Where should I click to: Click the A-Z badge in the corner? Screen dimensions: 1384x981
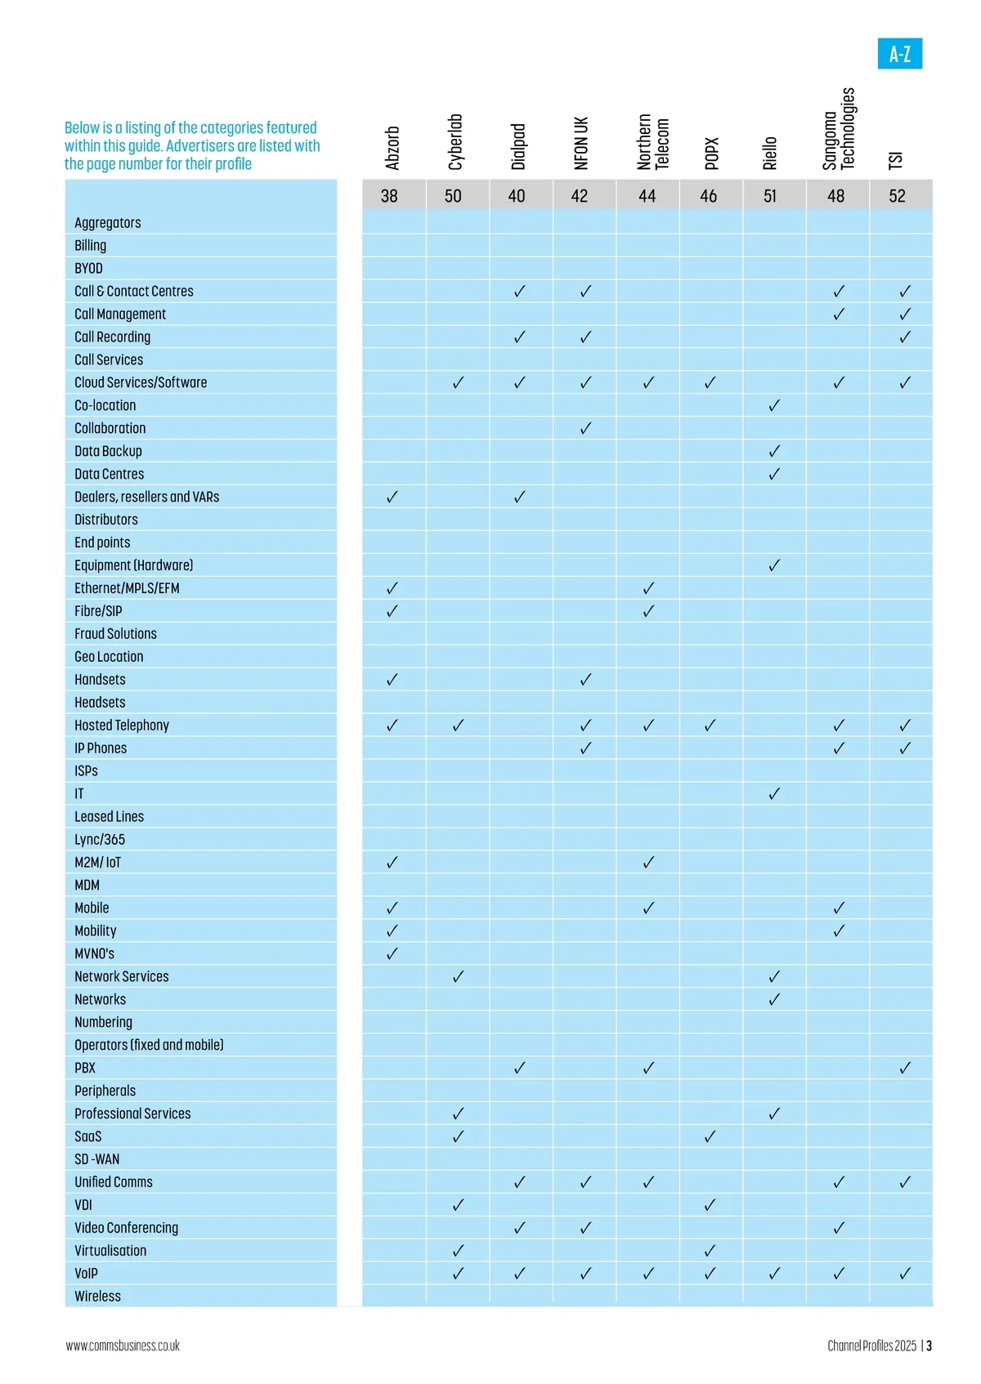pyautogui.click(x=899, y=54)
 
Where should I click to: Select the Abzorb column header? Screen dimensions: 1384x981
pyautogui.click(x=392, y=148)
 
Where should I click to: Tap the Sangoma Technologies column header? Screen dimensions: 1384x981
pyautogui.click(x=839, y=129)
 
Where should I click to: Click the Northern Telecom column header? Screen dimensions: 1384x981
pyautogui.click(x=652, y=142)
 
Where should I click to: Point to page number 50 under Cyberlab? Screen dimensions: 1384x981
pyautogui.click(x=453, y=196)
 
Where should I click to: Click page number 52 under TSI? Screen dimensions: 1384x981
pyautogui.click(x=897, y=196)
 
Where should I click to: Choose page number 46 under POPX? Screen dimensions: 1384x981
pyautogui.click(x=708, y=196)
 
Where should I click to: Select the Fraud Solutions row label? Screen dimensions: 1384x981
pyautogui.click(x=115, y=634)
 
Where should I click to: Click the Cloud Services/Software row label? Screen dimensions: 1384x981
pyautogui.click(x=141, y=382)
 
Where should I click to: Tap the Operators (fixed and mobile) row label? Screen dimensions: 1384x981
pyautogui.click(x=149, y=1045)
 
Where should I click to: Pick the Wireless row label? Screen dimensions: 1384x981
pyautogui.click(x=97, y=1297)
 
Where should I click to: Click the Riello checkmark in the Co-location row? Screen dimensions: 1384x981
pyautogui.click(x=774, y=405)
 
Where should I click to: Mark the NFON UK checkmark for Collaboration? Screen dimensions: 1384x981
pyautogui.click(x=585, y=428)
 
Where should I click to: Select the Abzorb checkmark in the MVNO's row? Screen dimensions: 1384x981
pyautogui.click(x=392, y=953)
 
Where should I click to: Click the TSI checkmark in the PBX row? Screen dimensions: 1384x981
pyautogui.click(x=905, y=1068)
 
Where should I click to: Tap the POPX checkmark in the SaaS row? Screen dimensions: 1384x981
pyautogui.click(x=710, y=1136)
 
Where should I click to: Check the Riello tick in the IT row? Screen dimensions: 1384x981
pyautogui.click(x=774, y=793)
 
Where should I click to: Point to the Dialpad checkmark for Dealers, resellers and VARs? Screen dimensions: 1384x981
pyautogui.click(x=519, y=497)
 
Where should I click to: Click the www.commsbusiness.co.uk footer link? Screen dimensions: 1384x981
pyautogui.click(x=123, y=1346)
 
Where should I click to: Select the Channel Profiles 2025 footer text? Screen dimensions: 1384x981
pyautogui.click(x=871, y=1346)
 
